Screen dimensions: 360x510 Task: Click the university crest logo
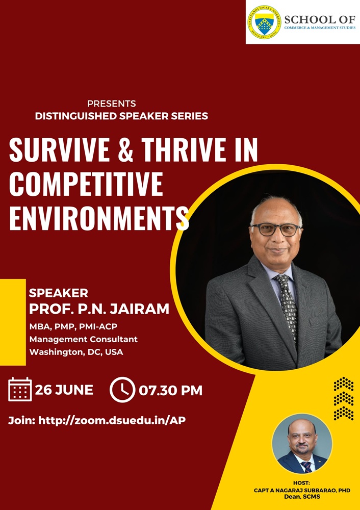pos(264,22)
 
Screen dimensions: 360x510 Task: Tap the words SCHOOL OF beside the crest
pos(320,19)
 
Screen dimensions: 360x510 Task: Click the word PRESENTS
pos(112,104)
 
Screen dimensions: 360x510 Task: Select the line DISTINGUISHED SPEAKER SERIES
pos(122,116)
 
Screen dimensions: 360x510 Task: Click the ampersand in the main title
pos(125,150)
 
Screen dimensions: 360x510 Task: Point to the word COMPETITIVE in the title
pos(86,184)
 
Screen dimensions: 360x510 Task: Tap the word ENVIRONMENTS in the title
pos(99,218)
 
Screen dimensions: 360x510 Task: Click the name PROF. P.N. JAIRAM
pos(99,309)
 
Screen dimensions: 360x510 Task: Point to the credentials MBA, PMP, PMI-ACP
pos(73,326)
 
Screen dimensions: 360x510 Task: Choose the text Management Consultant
pos(84,339)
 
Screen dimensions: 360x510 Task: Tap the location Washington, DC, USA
pos(76,352)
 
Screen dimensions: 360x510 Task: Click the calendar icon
pos(20,389)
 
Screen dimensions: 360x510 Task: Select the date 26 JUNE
pos(64,390)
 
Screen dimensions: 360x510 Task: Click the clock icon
pos(122,390)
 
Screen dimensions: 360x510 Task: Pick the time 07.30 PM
pos(170,390)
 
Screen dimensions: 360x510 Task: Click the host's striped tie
pos(306,467)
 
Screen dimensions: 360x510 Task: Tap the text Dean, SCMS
pos(302,497)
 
